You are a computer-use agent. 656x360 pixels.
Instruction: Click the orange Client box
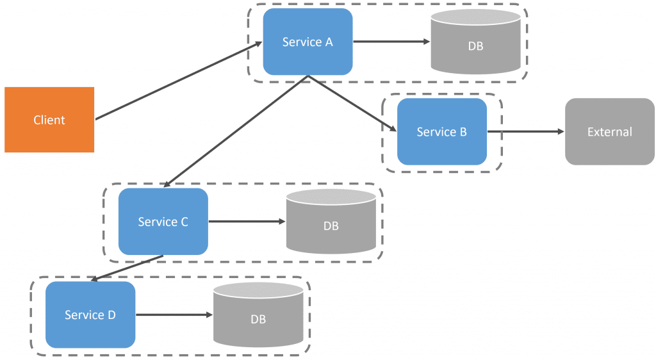(49, 120)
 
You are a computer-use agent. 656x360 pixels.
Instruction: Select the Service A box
(308, 42)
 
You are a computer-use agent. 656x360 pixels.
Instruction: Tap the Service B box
(442, 132)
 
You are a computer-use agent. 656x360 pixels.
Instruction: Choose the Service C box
(163, 222)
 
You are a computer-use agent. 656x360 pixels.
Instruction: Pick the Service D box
(90, 315)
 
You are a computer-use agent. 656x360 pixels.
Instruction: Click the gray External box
(610, 132)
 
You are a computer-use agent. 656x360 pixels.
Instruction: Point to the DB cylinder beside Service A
(476, 42)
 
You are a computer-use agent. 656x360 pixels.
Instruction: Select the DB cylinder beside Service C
(331, 222)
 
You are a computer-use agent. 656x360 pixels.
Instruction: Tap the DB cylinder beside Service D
(258, 315)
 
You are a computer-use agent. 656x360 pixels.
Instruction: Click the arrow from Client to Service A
(179, 81)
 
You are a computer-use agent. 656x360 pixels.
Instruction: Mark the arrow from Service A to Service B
(352, 103)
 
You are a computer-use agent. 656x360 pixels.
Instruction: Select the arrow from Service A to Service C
(236, 131)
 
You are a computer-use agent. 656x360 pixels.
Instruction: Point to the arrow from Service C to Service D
(127, 268)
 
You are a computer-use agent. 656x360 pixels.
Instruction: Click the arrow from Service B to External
(526, 132)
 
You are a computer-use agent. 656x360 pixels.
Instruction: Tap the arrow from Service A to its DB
(391, 42)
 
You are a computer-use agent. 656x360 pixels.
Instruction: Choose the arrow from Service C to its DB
(247, 222)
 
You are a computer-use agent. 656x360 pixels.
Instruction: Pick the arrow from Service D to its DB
(174, 315)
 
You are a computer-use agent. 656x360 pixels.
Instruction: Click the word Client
(49, 120)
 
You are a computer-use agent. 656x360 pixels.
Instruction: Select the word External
(610, 132)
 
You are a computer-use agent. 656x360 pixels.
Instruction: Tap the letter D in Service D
(111, 315)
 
